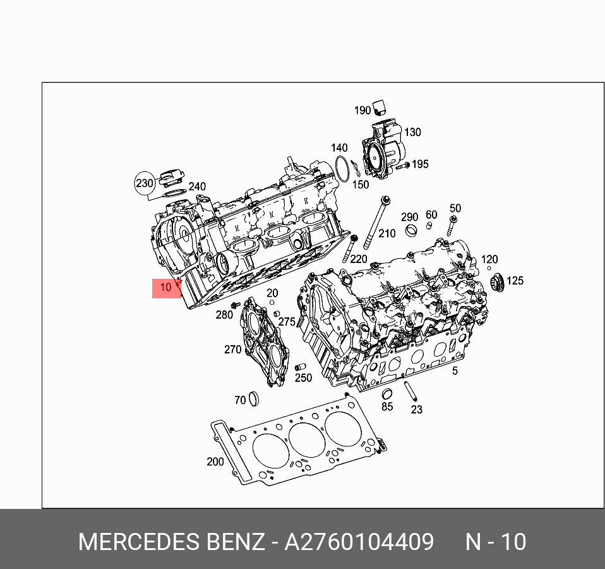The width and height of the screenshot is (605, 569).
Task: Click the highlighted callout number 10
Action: (x=165, y=288)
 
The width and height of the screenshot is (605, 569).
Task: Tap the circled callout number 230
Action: (x=145, y=183)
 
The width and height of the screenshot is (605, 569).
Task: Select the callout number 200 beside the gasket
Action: (x=215, y=462)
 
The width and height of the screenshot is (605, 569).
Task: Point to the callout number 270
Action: (x=232, y=350)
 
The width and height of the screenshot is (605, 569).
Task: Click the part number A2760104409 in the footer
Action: (x=359, y=542)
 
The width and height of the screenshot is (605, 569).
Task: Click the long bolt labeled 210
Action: (x=375, y=223)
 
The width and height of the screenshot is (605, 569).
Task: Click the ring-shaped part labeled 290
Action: (x=411, y=231)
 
